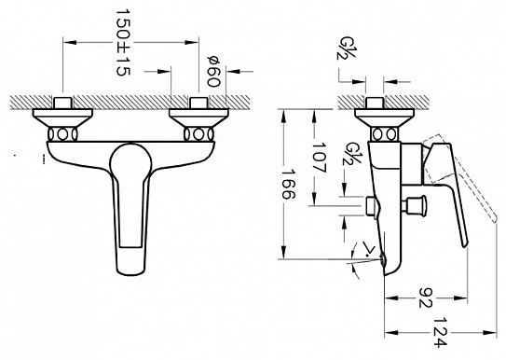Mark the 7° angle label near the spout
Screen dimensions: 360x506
(x=366, y=250)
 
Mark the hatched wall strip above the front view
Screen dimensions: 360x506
(x=130, y=97)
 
